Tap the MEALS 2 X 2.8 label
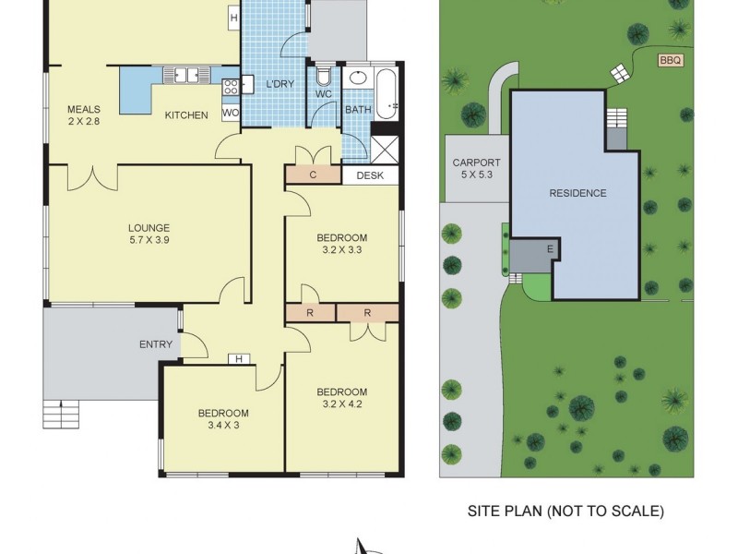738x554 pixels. pos(84,114)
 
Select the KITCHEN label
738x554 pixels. pos(186,114)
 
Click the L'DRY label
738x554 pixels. pos(279,85)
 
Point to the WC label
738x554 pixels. pos(323,93)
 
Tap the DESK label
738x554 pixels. pos(369,175)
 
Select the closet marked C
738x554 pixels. pos(314,175)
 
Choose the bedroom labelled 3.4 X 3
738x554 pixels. pos(223,418)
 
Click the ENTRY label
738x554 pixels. pos(156,344)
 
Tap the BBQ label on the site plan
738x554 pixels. pos(671,60)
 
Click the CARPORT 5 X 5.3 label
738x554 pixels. pos(476,168)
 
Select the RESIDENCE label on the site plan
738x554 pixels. pos(577,193)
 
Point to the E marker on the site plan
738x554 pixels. pos(550,248)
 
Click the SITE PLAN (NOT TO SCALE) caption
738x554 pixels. pos(565,511)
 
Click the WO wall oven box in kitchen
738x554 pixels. pos(231,114)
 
